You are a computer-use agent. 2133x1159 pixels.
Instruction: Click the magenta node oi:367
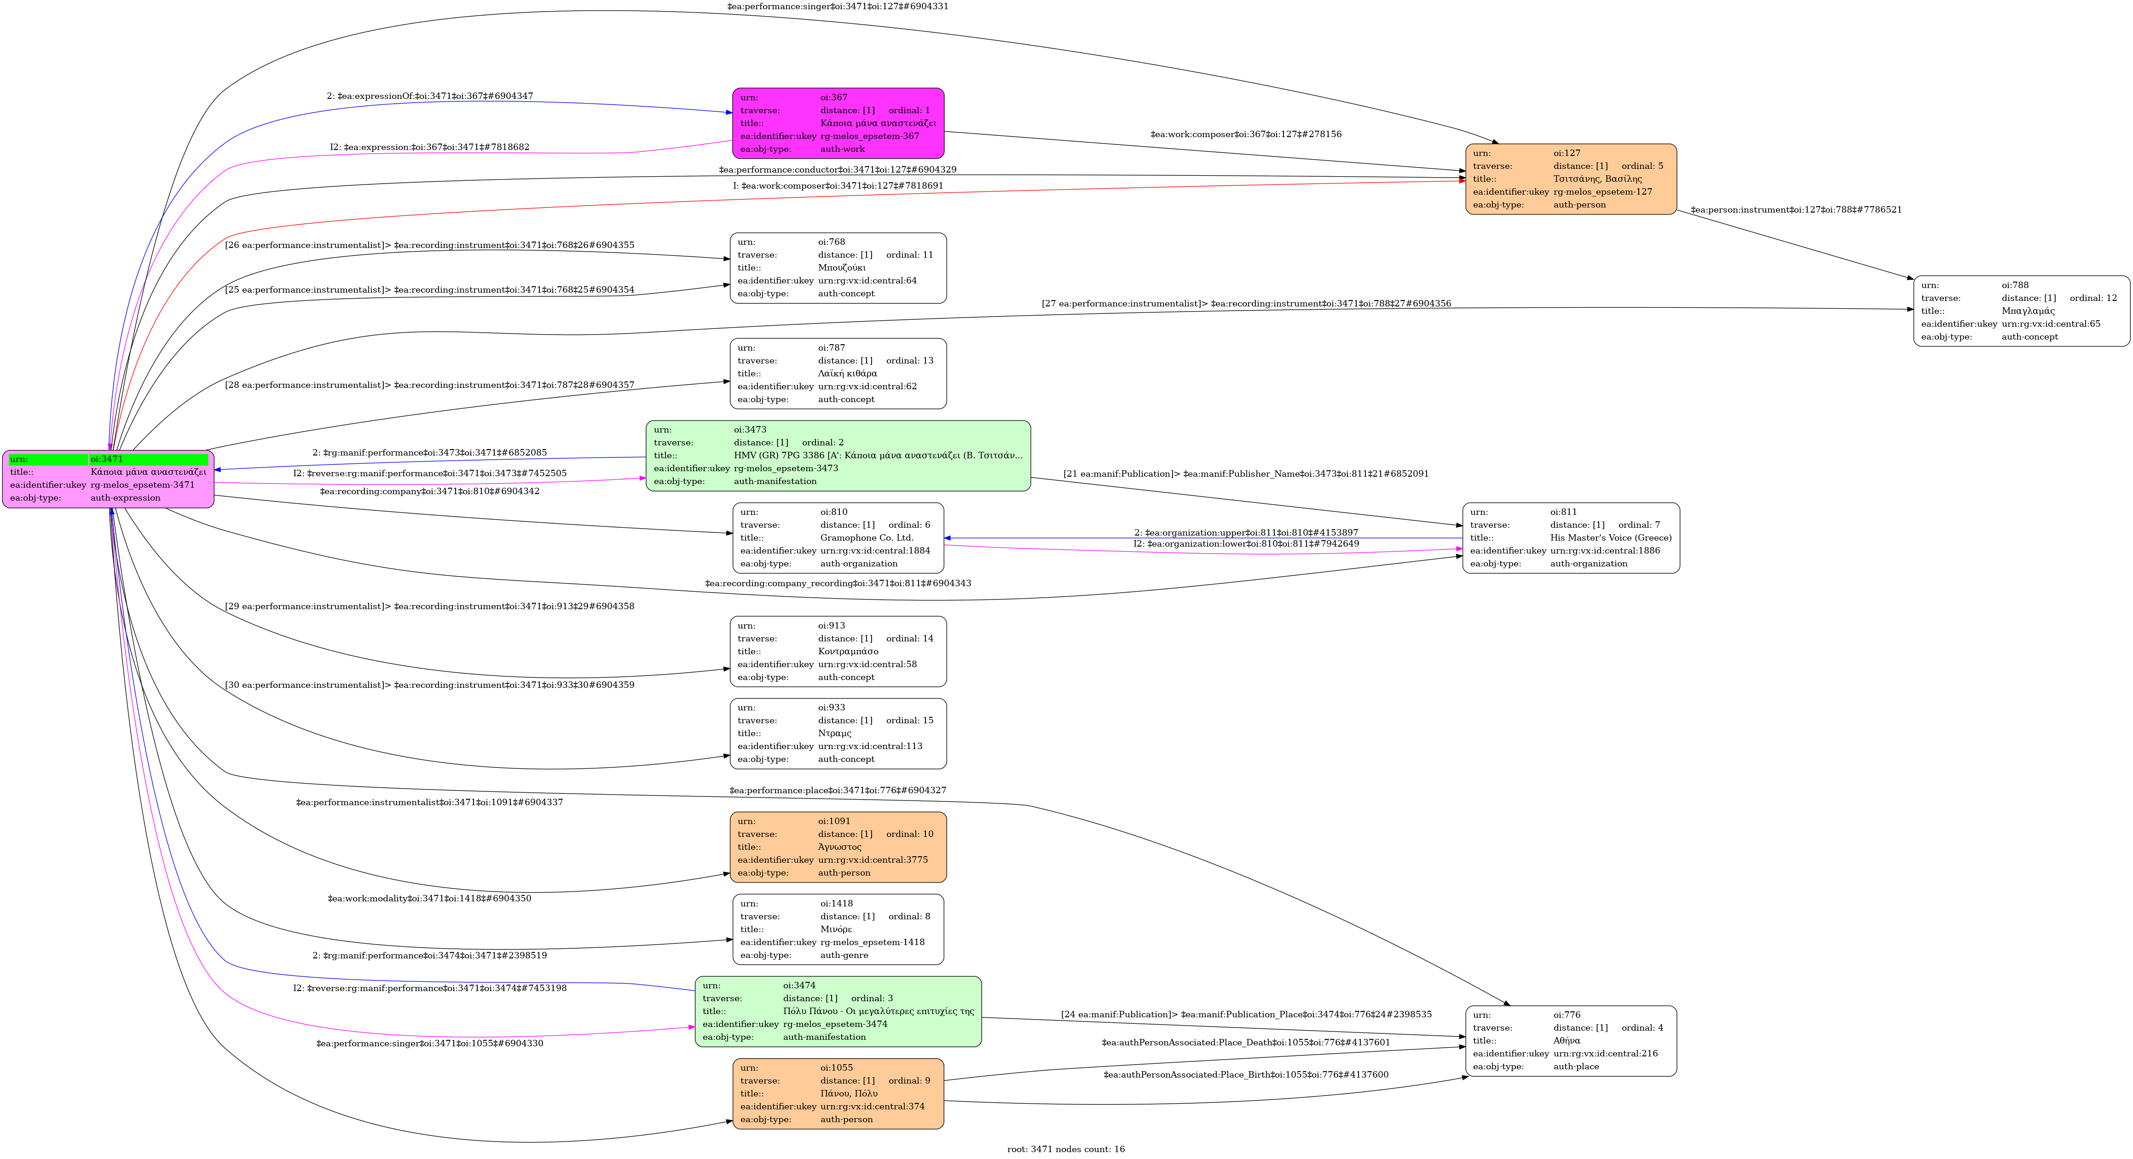coord(838,123)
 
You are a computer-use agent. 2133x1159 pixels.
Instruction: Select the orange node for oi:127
coord(1571,179)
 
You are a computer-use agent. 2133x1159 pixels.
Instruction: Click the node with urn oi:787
coord(838,373)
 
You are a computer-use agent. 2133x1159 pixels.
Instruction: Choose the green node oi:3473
coord(838,456)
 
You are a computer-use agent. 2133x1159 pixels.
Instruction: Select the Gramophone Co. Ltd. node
coord(838,538)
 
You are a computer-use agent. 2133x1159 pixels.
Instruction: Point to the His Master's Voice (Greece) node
coord(1571,538)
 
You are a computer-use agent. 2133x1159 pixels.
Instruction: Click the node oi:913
coord(838,652)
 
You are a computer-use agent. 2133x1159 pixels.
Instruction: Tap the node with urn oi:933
coord(838,733)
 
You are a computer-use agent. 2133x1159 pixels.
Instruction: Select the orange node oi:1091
coord(838,847)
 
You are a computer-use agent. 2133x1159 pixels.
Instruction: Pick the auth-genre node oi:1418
coord(838,929)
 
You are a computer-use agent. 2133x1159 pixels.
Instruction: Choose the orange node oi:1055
coord(838,1094)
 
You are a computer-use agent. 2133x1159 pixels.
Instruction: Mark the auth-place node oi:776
coord(1571,1041)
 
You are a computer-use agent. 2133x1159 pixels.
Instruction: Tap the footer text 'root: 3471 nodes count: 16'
coord(1066,1149)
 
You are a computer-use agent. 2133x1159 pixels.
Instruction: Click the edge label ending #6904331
coord(837,6)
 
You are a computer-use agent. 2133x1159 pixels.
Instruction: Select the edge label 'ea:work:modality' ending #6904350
coord(429,898)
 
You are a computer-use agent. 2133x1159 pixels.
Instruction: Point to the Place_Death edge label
coord(1245,1042)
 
